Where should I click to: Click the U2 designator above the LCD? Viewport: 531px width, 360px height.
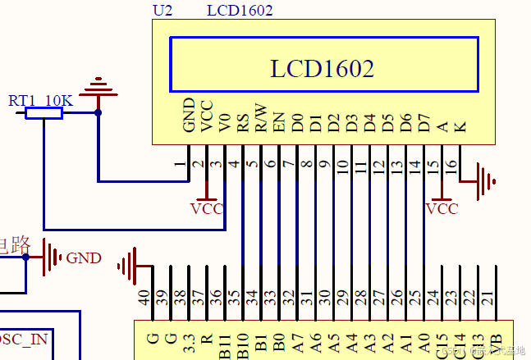tap(163, 11)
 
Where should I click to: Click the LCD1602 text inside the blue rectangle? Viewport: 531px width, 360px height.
tap(323, 68)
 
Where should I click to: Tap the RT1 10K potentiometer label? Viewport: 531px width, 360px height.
tap(40, 100)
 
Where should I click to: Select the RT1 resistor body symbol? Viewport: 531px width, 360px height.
tap(43, 113)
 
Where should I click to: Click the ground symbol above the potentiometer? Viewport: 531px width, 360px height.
tap(98, 85)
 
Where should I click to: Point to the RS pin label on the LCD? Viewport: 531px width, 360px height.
tap(243, 124)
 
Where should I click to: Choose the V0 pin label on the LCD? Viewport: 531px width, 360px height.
tap(225, 123)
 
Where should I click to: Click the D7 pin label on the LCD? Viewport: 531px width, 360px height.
tap(423, 124)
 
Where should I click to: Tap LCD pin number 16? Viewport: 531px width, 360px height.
tap(451, 164)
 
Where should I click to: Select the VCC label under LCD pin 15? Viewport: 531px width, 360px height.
tap(442, 209)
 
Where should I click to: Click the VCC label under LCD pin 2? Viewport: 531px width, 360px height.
tap(207, 209)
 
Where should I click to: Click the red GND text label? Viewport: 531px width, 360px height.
tap(84, 258)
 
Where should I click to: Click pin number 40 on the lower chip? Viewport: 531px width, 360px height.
tap(144, 299)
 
